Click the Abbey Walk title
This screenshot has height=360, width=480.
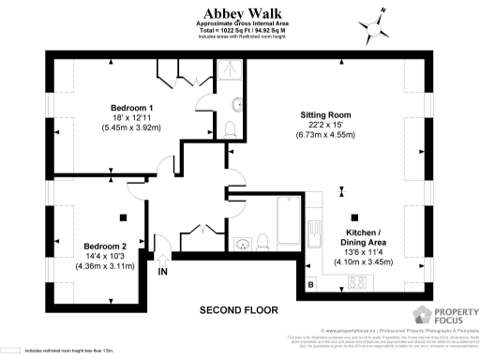(x=239, y=12)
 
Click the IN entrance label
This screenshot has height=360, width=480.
(x=163, y=272)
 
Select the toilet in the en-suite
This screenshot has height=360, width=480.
(x=231, y=127)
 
